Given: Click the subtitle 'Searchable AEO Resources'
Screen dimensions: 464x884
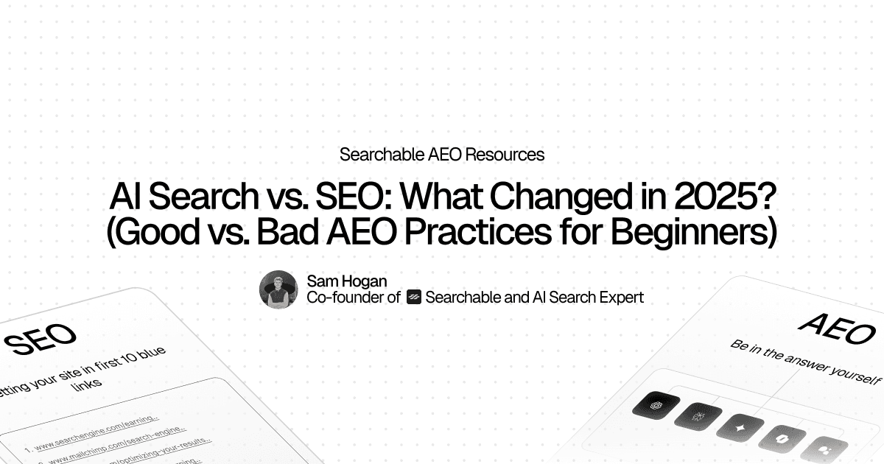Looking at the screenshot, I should click(x=442, y=155).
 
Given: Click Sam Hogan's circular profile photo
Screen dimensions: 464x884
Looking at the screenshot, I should click(x=278, y=289).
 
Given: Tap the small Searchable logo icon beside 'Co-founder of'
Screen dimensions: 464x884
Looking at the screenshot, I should click(x=413, y=298).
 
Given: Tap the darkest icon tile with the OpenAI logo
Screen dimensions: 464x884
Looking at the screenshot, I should click(x=650, y=404).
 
